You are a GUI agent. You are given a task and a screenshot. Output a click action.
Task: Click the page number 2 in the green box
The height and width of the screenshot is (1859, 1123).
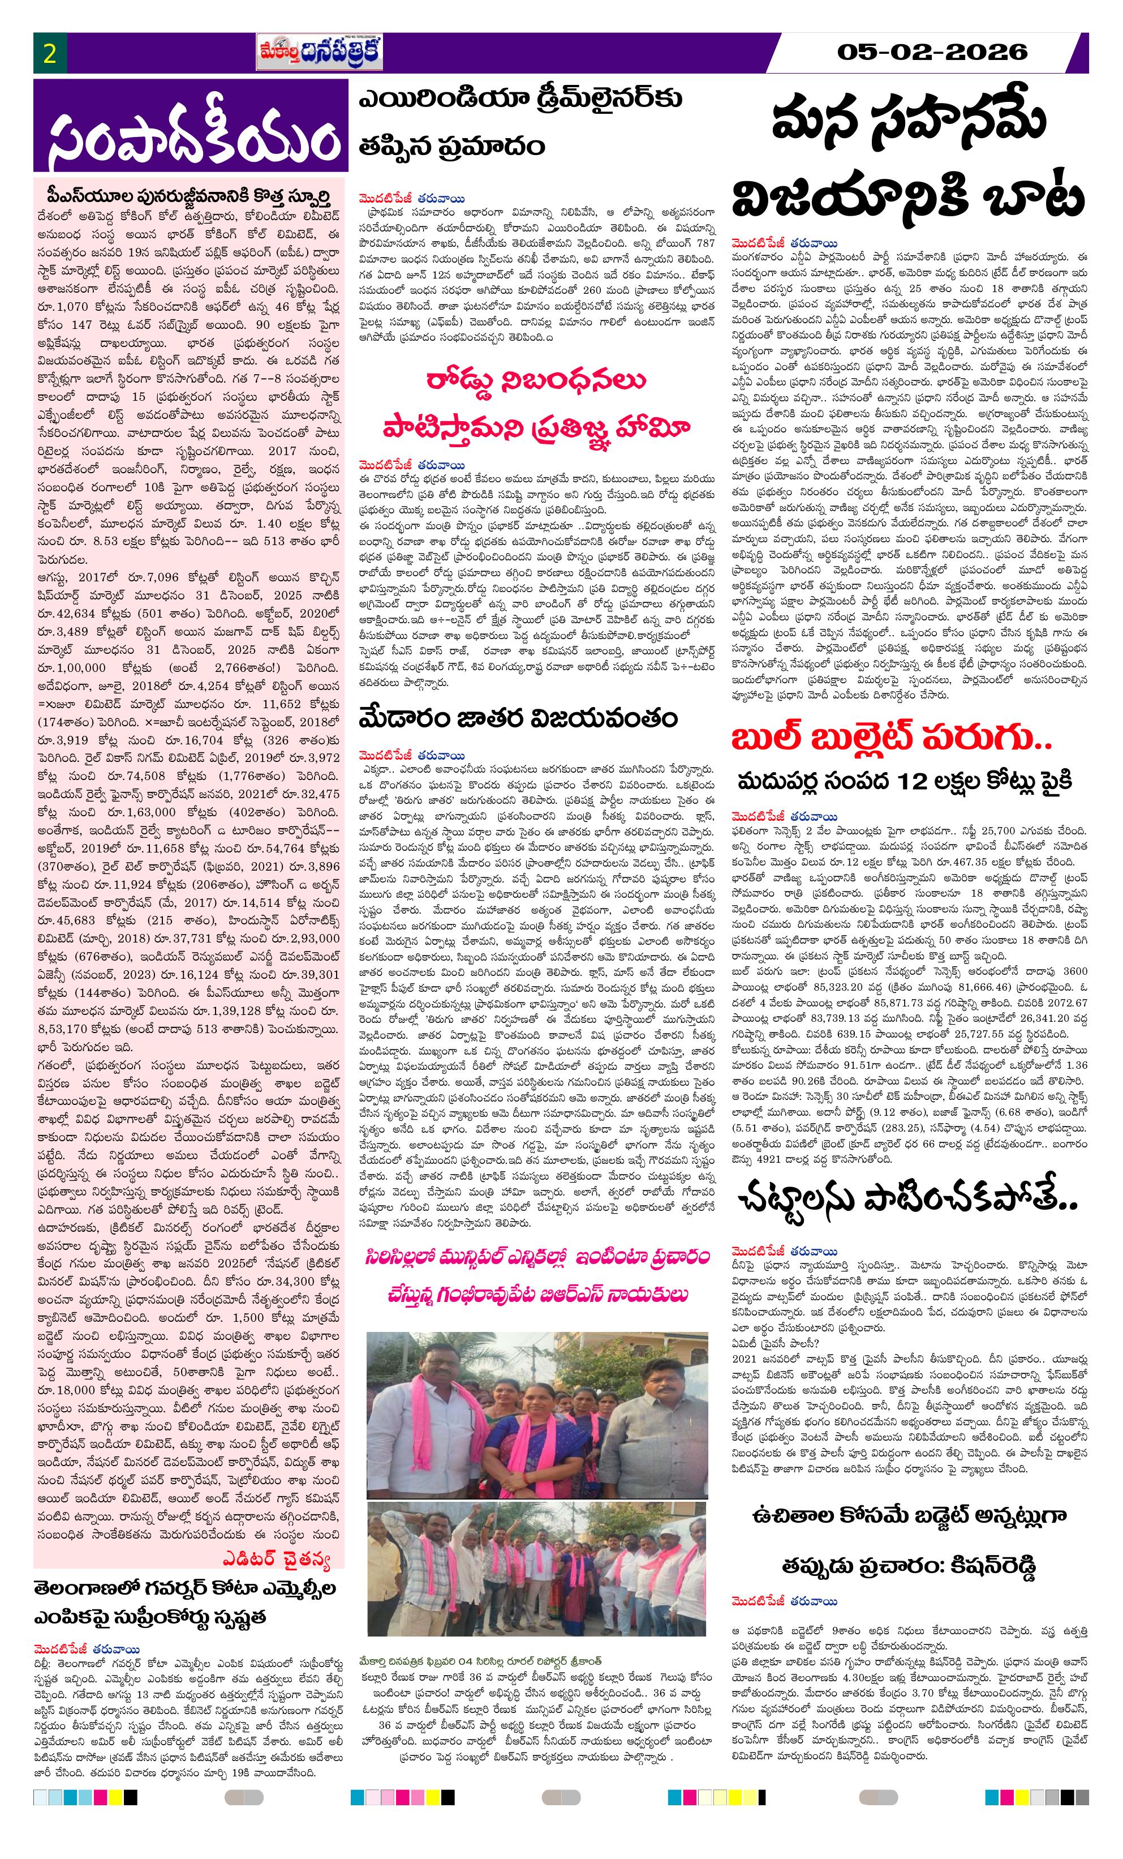(x=50, y=54)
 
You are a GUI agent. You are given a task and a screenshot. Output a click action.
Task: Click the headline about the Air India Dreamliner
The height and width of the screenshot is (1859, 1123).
(x=520, y=121)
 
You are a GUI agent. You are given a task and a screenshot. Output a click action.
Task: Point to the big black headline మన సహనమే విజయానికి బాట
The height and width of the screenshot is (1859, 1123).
(x=908, y=160)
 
